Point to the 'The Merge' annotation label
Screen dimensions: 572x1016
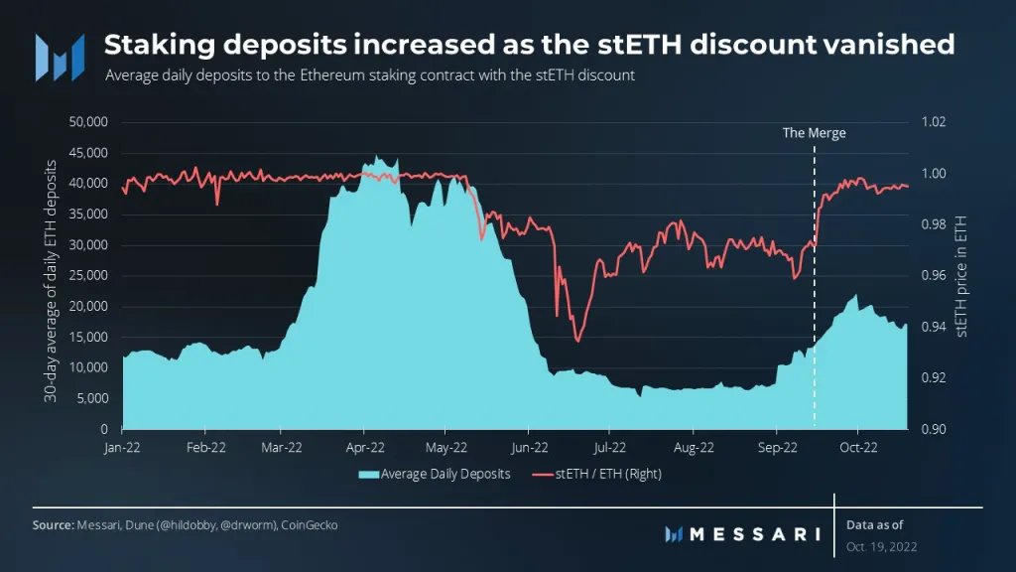[x=814, y=133]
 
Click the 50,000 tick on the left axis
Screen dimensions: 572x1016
[x=90, y=122]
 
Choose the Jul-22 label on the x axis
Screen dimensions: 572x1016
[x=609, y=447]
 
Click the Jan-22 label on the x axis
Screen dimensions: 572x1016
[x=123, y=447]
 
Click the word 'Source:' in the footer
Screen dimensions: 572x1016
[x=55, y=524]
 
